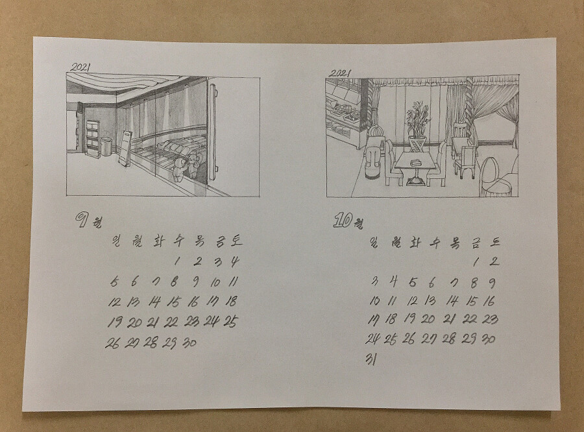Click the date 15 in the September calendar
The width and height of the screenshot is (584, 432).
pos(173,302)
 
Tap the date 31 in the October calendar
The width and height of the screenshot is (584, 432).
pos(371,359)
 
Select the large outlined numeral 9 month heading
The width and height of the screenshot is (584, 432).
pos(81,220)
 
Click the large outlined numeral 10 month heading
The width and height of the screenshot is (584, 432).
pos(342,220)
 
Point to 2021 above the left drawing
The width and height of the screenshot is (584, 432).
pos(80,67)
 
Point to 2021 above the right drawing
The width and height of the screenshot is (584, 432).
pos(339,73)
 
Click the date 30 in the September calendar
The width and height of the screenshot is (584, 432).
pos(189,342)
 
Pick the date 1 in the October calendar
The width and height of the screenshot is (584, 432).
pos(476,262)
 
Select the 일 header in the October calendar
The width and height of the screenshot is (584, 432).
pos(374,242)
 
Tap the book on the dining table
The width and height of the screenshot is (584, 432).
pos(415,162)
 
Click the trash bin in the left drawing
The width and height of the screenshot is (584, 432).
pos(106,147)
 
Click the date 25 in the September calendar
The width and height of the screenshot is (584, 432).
pos(231,322)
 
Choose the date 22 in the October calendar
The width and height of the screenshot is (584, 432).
pos(470,318)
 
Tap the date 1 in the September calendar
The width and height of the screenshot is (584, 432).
pos(177,261)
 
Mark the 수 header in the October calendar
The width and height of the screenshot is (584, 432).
pos(434,243)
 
